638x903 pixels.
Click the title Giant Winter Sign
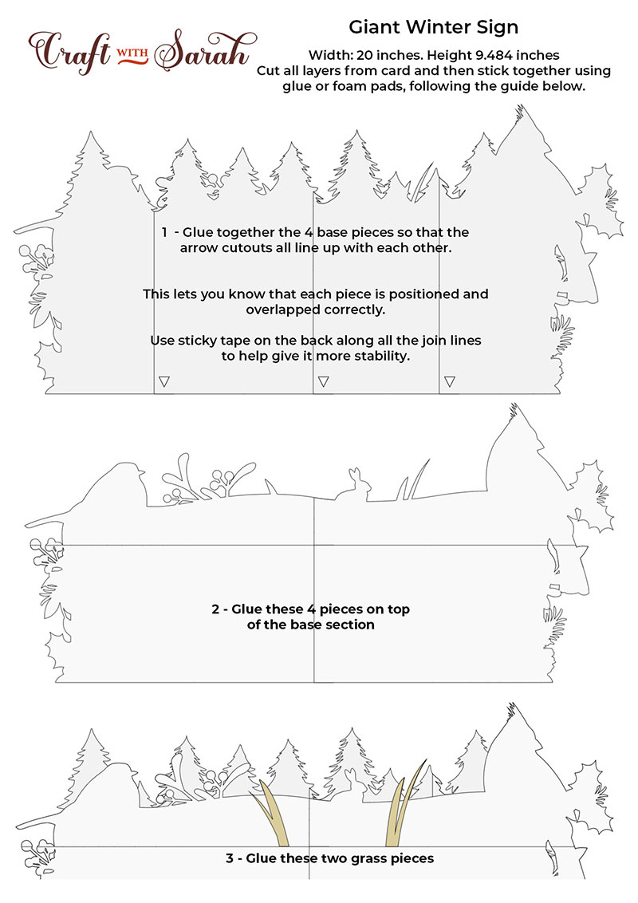[x=434, y=27]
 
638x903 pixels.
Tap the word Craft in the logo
[x=69, y=52]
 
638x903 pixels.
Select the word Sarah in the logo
[x=203, y=51]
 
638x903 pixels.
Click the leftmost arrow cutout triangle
[x=164, y=381]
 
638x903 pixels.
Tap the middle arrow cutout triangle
[x=323, y=381]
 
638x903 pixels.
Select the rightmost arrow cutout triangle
[x=450, y=381]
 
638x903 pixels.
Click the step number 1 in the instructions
[x=164, y=233]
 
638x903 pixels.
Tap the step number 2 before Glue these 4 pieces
[x=215, y=609]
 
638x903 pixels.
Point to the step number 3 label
[x=230, y=858]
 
